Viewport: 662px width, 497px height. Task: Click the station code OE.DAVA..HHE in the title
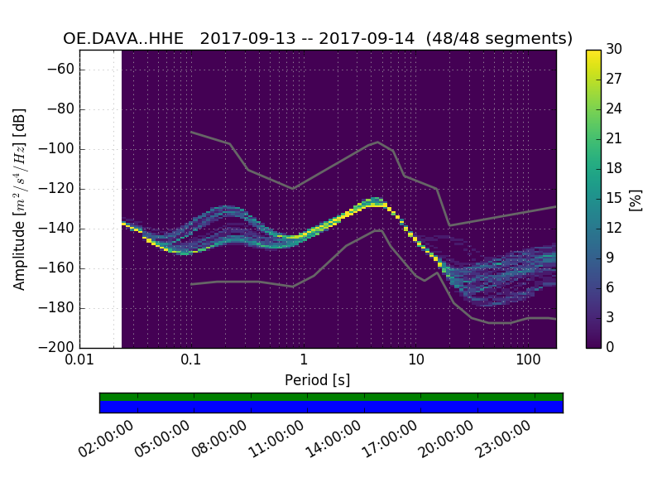pyautogui.click(x=123, y=38)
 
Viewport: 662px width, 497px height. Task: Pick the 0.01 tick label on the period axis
pyautogui.click(x=79, y=360)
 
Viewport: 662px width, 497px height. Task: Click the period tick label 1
pyautogui.click(x=304, y=360)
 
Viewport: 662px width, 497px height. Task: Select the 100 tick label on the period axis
pyautogui.click(x=528, y=360)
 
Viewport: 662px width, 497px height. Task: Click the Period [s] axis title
pyautogui.click(x=317, y=379)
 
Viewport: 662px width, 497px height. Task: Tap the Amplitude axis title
pyautogui.click(x=20, y=199)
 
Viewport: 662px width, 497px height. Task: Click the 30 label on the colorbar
pyautogui.click(x=614, y=50)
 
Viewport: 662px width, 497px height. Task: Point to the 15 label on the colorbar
pyautogui.click(x=613, y=199)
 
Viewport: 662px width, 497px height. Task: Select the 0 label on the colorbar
pyautogui.click(x=610, y=348)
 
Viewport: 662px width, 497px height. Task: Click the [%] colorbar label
pyautogui.click(x=636, y=199)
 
